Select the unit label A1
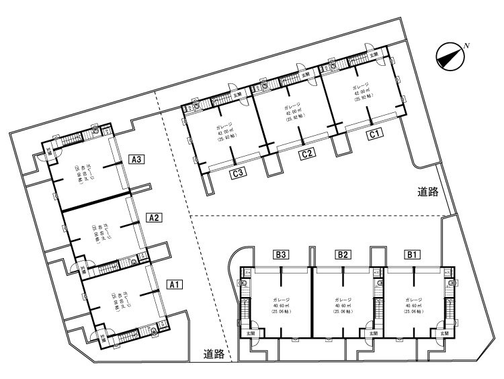174,284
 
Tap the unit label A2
154,217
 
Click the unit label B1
412,255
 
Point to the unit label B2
343,255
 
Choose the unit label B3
281,255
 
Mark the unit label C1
375,134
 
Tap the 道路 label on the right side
427,192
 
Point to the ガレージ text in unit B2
343,298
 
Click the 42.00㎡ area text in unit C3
224,132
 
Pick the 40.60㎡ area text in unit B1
412,305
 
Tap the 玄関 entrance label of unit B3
251,333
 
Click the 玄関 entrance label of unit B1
444,333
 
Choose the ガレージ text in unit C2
292,107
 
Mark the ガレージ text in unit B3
281,298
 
